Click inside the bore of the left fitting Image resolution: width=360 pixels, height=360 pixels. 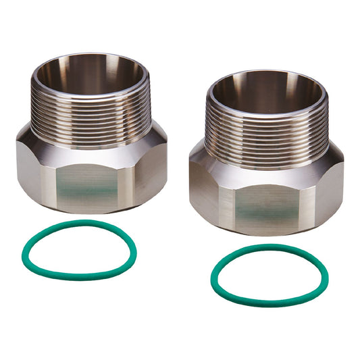[91, 74]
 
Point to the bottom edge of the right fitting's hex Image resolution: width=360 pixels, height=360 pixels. [270, 232]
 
